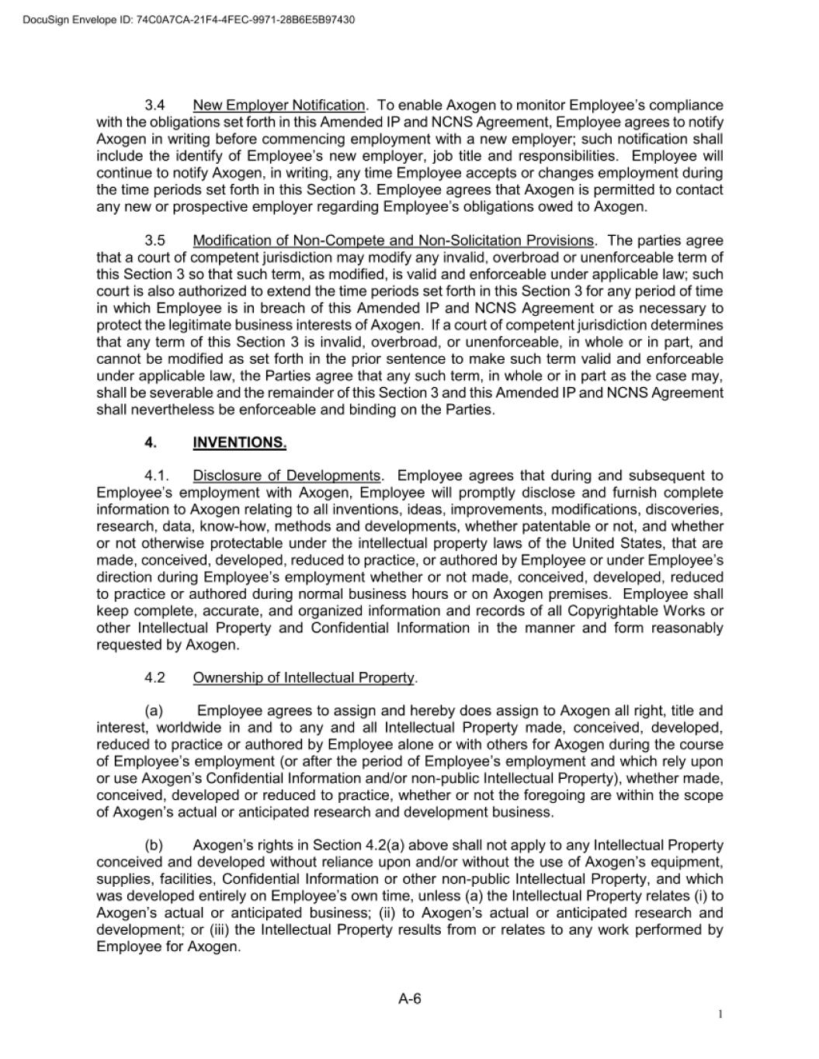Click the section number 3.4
[x=154, y=105]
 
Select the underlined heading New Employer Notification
[x=279, y=105]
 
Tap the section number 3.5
[x=154, y=241]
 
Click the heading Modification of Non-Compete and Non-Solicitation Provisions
[x=393, y=241]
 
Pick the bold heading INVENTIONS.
[x=239, y=443]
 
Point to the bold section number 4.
[x=150, y=443]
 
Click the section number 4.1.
[x=156, y=476]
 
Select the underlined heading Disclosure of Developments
[x=286, y=476]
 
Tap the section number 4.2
[x=154, y=678]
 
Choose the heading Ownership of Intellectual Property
[x=304, y=678]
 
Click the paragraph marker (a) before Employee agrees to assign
[x=154, y=711]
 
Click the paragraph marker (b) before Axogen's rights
[x=154, y=846]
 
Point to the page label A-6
[x=410, y=999]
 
